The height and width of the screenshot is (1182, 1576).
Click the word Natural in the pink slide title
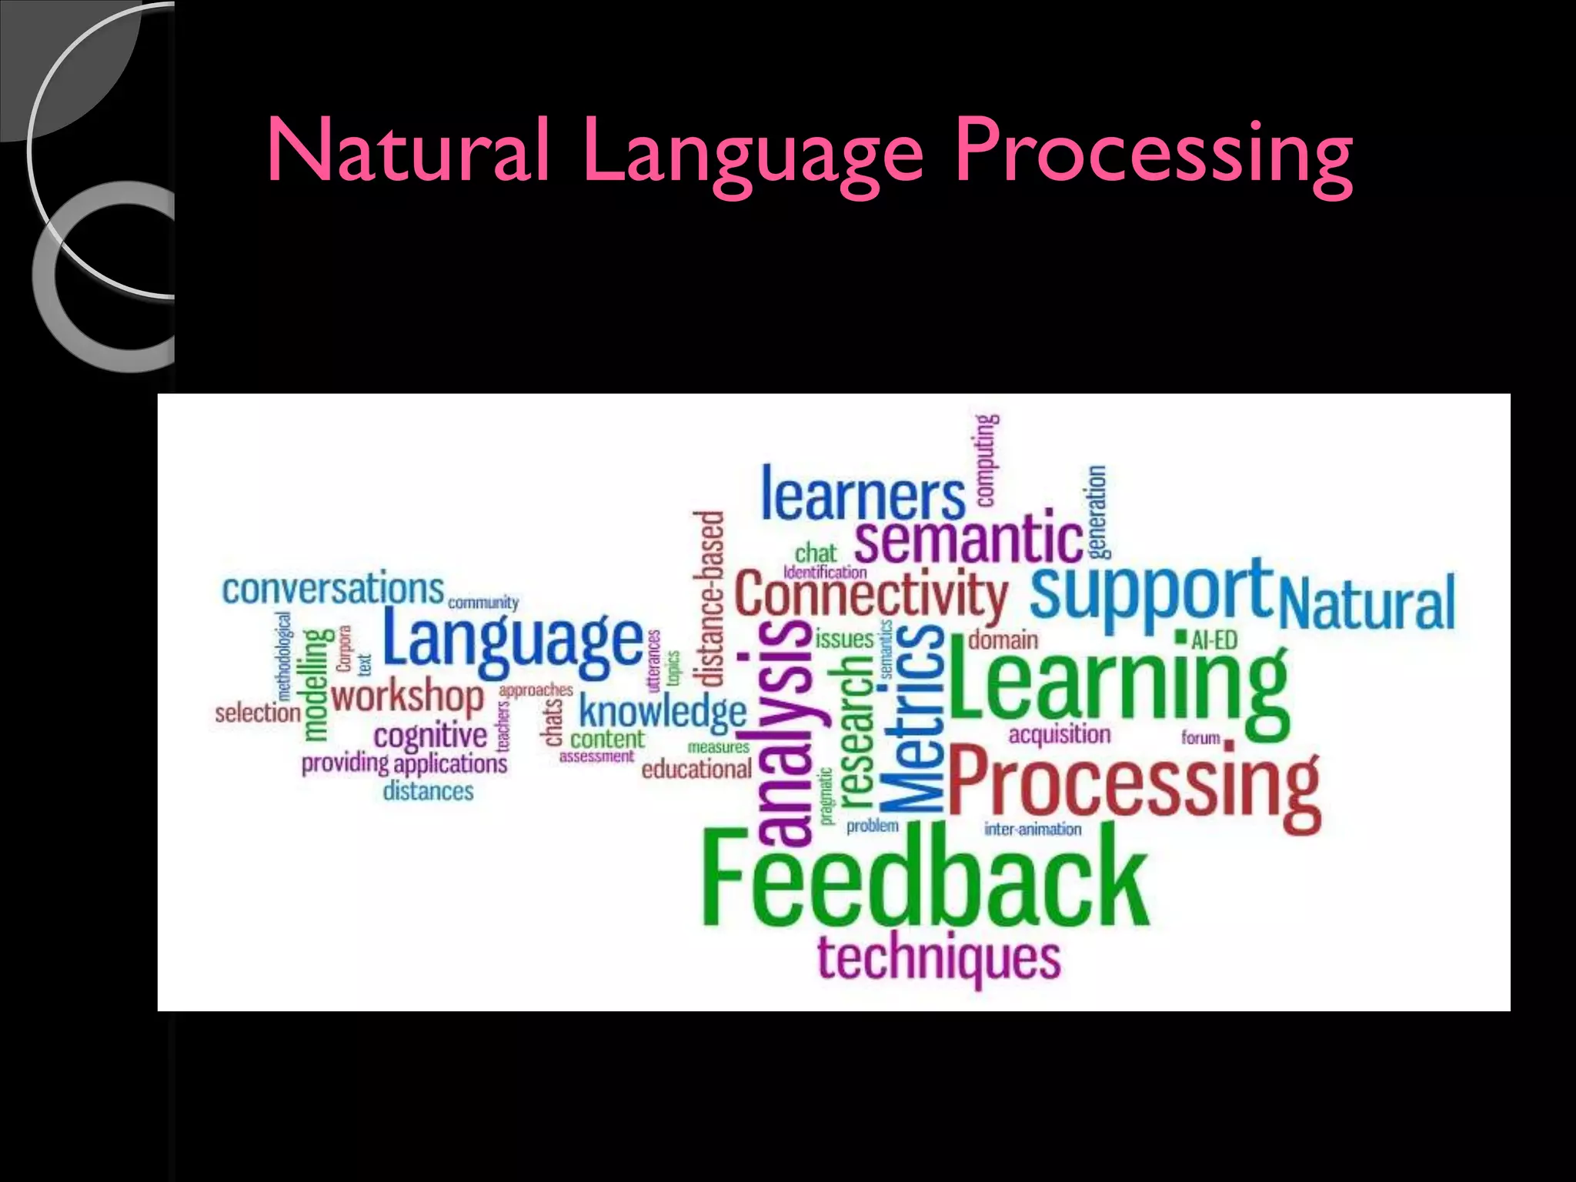click(409, 151)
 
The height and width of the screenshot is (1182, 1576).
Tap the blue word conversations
click(333, 589)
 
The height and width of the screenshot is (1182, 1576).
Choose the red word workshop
click(407, 697)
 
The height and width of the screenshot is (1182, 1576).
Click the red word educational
click(696, 769)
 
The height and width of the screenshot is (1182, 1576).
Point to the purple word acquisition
click(1060, 735)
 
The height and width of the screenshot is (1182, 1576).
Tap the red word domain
click(1003, 639)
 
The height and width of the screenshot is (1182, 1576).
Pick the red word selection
click(258, 713)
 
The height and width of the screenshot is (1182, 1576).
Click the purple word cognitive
click(430, 735)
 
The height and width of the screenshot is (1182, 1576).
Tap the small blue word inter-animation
click(1033, 829)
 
